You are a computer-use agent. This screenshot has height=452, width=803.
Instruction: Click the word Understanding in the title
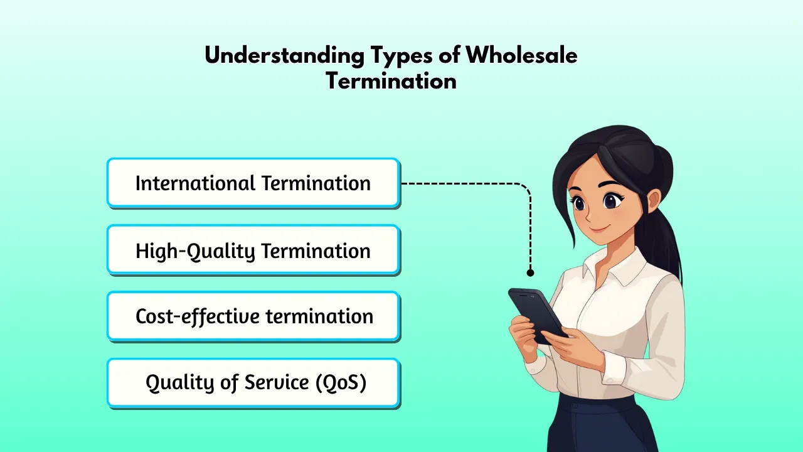coord(284,56)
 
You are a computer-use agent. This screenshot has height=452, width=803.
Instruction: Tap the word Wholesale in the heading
coord(521,56)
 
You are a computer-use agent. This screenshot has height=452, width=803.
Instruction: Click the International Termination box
coord(253,183)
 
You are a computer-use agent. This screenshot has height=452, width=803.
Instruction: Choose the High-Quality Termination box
coord(253,250)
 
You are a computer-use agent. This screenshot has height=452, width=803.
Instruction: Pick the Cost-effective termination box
coord(253,316)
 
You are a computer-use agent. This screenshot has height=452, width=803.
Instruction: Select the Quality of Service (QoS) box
coord(253,382)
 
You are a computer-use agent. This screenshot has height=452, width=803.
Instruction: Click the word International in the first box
coord(194,183)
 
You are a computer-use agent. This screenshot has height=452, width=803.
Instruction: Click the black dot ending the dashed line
coord(530,272)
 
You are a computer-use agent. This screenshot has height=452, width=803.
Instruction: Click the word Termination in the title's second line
coord(391,82)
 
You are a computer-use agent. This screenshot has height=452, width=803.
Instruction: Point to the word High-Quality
coord(196,250)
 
